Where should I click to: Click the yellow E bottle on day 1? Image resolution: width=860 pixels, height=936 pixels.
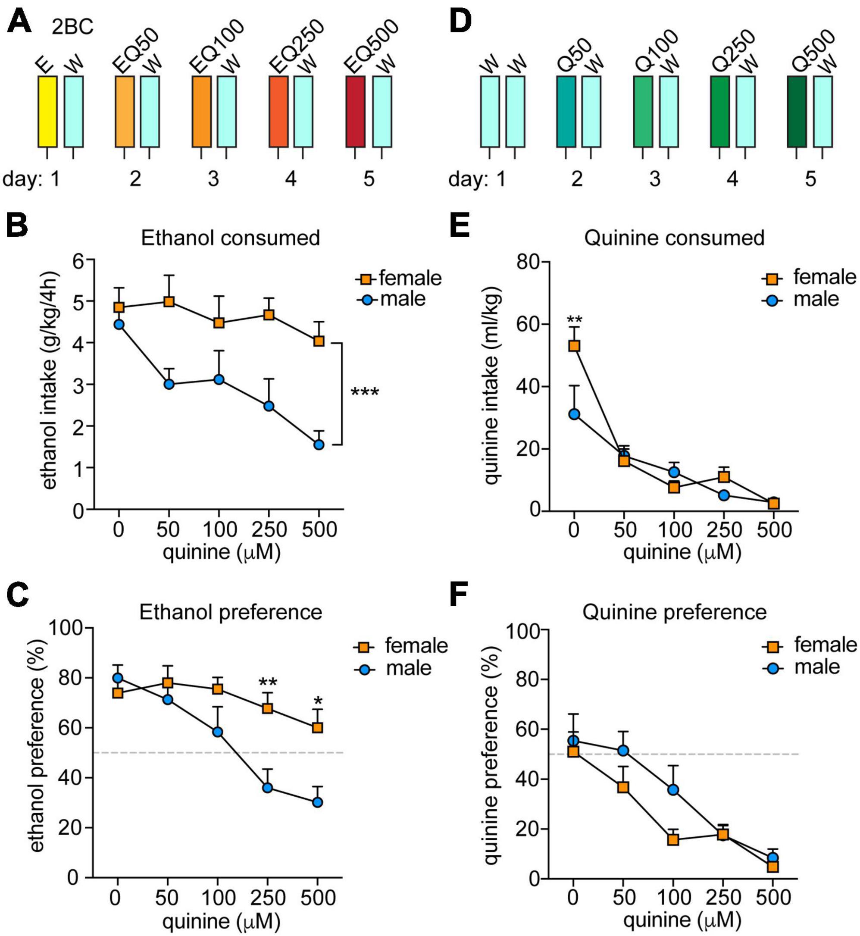[47, 112]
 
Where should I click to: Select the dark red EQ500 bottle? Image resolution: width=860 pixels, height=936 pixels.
[356, 112]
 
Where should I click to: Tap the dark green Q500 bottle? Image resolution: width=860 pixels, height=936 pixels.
[797, 112]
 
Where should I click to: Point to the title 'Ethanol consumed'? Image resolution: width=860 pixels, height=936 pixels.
[230, 238]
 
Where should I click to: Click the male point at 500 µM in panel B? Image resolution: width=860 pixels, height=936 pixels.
[319, 445]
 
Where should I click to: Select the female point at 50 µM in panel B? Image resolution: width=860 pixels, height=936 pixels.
[169, 302]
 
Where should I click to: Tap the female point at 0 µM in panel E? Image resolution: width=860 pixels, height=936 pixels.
[574, 346]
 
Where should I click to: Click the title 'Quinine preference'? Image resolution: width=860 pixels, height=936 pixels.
[674, 612]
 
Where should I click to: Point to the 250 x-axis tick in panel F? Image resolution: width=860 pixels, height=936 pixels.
[723, 897]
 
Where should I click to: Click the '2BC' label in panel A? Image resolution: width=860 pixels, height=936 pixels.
[72, 27]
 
